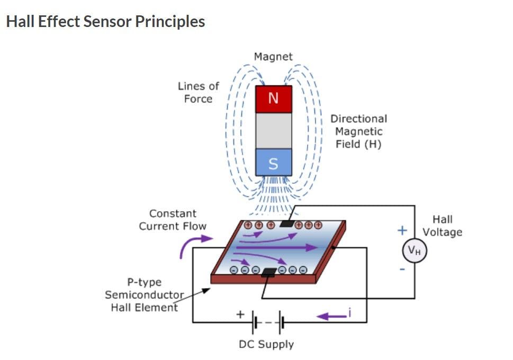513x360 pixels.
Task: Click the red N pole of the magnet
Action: click(273, 99)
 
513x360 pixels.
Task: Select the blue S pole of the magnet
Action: click(273, 163)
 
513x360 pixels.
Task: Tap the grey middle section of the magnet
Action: click(273, 131)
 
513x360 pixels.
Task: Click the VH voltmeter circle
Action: click(415, 251)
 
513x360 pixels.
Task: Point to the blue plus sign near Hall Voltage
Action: click(402, 230)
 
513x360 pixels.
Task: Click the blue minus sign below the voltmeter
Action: click(402, 269)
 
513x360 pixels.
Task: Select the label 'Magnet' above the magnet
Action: click(273, 56)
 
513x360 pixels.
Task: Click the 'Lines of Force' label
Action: click(198, 92)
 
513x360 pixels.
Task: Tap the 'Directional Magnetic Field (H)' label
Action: click(358, 131)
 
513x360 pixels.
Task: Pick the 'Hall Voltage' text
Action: click(442, 226)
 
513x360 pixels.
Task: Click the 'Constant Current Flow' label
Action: click(173, 220)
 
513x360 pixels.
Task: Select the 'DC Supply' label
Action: click(266, 344)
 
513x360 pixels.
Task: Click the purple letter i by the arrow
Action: click(350, 313)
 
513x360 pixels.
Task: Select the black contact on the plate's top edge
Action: click(286, 223)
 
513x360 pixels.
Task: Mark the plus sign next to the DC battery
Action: click(240, 314)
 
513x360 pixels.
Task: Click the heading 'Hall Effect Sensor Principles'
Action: click(105, 22)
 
